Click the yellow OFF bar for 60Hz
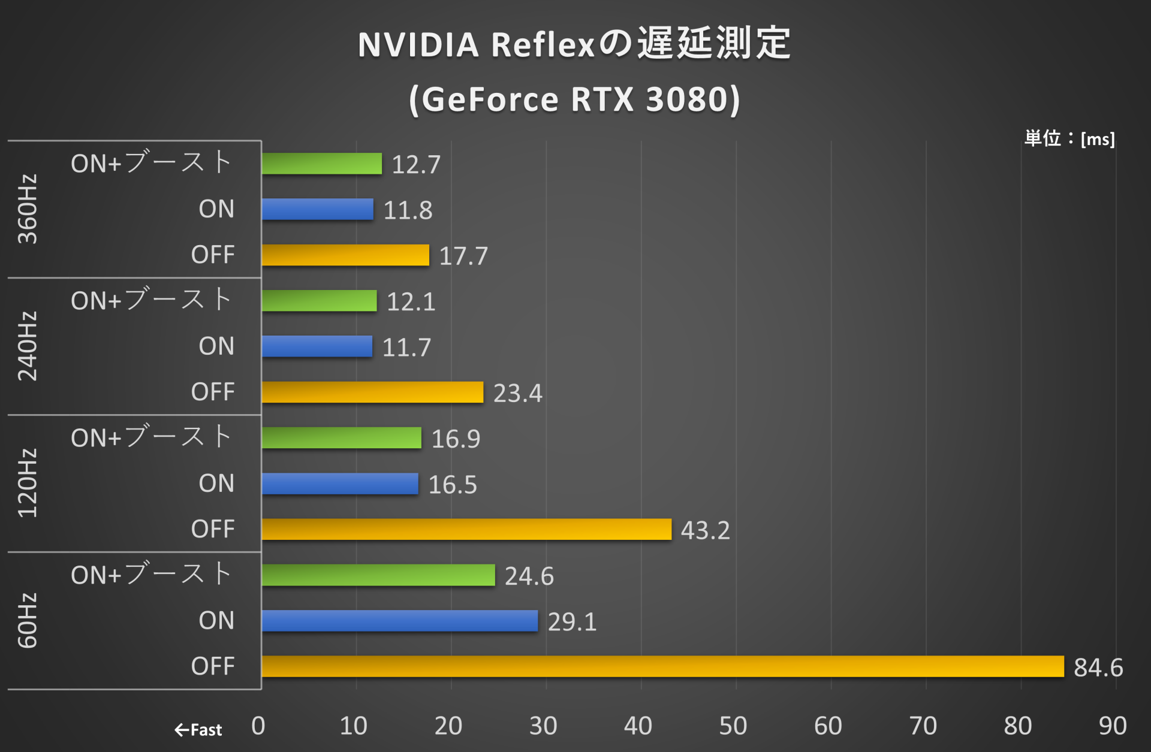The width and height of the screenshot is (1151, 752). [x=662, y=666]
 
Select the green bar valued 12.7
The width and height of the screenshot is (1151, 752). [x=321, y=164]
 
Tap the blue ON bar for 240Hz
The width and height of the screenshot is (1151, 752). [x=317, y=346]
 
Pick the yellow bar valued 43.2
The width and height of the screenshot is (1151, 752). [x=466, y=529]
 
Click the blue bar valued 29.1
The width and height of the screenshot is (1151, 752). [x=399, y=621]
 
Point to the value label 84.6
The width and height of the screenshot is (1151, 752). [x=1098, y=668]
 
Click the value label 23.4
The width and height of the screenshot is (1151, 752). [x=517, y=393]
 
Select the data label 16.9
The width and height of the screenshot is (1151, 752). [x=456, y=439]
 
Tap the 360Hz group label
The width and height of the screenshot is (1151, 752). [x=28, y=209]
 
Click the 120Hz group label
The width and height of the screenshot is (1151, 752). [x=28, y=483]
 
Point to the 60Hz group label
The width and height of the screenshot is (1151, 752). [x=28, y=621]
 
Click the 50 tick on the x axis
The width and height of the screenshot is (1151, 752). [x=733, y=726]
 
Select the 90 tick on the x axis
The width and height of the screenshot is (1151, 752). [x=1112, y=726]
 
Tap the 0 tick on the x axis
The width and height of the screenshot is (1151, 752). [x=258, y=726]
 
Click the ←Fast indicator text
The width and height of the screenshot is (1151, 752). [x=198, y=730]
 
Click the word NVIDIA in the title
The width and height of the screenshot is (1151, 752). [x=418, y=45]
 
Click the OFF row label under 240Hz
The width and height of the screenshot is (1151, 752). [x=213, y=392]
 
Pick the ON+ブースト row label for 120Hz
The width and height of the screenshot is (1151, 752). [x=151, y=437]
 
